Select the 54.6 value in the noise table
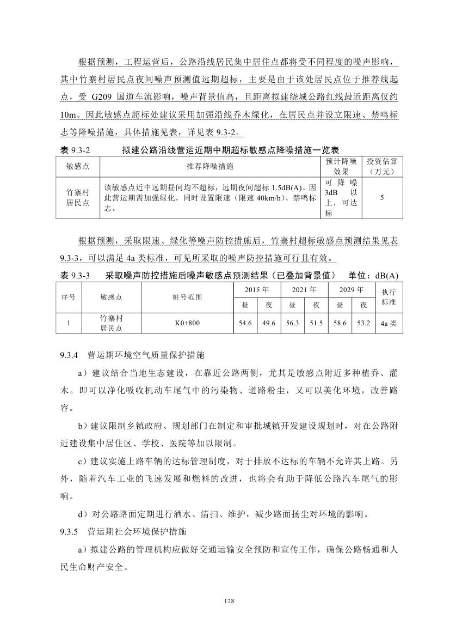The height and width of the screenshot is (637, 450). click(x=245, y=323)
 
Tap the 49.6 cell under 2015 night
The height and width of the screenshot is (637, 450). click(x=269, y=323)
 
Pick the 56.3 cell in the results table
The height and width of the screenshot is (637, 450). click(x=293, y=323)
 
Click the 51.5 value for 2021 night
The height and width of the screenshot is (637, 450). click(x=316, y=323)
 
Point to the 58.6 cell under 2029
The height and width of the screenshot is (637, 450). click(x=340, y=323)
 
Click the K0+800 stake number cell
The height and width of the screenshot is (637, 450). click(x=187, y=323)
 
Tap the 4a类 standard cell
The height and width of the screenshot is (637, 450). click(x=389, y=323)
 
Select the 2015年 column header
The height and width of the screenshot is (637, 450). click(x=257, y=289)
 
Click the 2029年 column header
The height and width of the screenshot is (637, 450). click(x=351, y=289)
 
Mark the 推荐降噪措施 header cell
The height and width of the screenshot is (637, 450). click(x=210, y=166)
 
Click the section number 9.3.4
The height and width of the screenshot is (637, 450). click(x=70, y=355)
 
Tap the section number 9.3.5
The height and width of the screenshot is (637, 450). click(x=70, y=530)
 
